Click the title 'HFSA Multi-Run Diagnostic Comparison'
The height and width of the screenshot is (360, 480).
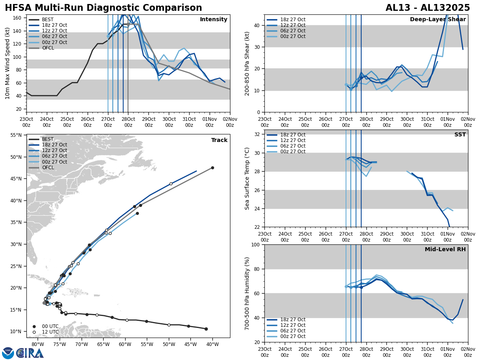click(x=103, y=8)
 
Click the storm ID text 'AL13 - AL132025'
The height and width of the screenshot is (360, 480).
click(x=428, y=8)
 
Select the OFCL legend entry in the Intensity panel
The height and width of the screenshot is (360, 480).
click(x=48, y=48)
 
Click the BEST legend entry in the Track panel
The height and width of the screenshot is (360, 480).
click(x=48, y=139)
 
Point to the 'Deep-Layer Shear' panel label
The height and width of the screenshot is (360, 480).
click(x=438, y=20)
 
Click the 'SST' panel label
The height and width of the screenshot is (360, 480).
click(x=460, y=135)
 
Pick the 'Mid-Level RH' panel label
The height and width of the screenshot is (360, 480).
click(x=445, y=250)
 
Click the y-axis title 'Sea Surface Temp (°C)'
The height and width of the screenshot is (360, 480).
click(x=247, y=178)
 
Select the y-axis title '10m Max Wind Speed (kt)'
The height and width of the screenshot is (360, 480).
click(x=8, y=63)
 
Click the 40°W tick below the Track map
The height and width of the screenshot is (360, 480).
click(x=212, y=344)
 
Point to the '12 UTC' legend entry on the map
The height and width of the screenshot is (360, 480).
click(x=50, y=332)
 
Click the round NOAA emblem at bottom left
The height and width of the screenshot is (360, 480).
click(x=8, y=353)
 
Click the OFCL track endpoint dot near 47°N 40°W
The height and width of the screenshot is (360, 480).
click(x=212, y=168)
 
